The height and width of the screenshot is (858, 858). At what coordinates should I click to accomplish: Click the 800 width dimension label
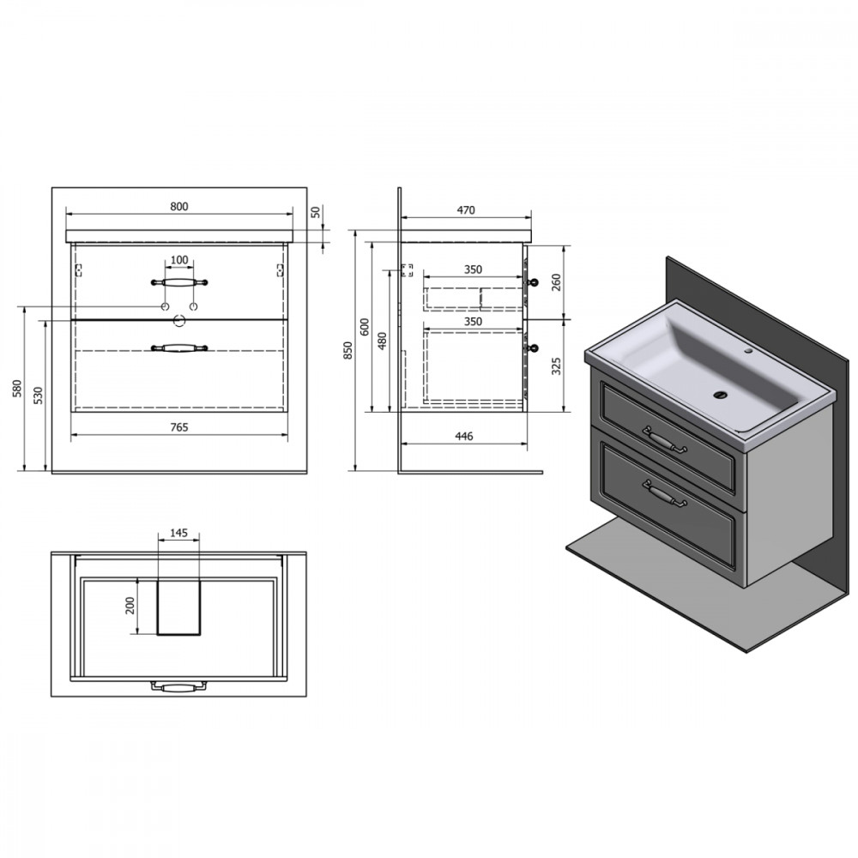tap(179, 206)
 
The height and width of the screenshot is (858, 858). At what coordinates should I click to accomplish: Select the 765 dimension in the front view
tap(179, 426)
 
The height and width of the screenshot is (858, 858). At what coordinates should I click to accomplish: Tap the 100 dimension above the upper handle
tap(179, 260)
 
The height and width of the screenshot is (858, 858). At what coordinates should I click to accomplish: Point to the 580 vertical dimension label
tap(17, 388)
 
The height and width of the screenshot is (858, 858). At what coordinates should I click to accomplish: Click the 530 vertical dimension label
tap(38, 395)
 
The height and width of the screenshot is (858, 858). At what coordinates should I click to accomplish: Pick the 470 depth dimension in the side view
tap(466, 210)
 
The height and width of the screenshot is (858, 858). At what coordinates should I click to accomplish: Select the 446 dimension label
tap(464, 436)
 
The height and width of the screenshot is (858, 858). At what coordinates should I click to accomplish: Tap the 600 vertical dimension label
tap(366, 327)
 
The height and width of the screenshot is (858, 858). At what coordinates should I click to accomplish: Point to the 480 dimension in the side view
tap(383, 341)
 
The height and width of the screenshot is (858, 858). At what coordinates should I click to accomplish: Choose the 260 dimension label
tap(557, 282)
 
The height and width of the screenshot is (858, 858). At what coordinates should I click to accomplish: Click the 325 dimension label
tap(557, 366)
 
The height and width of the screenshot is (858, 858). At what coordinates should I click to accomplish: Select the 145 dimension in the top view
tap(179, 533)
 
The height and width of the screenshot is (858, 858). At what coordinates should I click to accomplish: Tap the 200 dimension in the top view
tap(130, 605)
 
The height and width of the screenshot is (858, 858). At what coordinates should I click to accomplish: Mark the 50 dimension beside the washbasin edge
tap(315, 212)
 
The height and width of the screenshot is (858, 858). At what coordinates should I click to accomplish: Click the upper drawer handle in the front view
tap(179, 282)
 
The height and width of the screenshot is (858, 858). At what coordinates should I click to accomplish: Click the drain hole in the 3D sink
tap(722, 394)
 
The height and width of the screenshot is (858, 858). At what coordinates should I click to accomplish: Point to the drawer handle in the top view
tap(179, 686)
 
